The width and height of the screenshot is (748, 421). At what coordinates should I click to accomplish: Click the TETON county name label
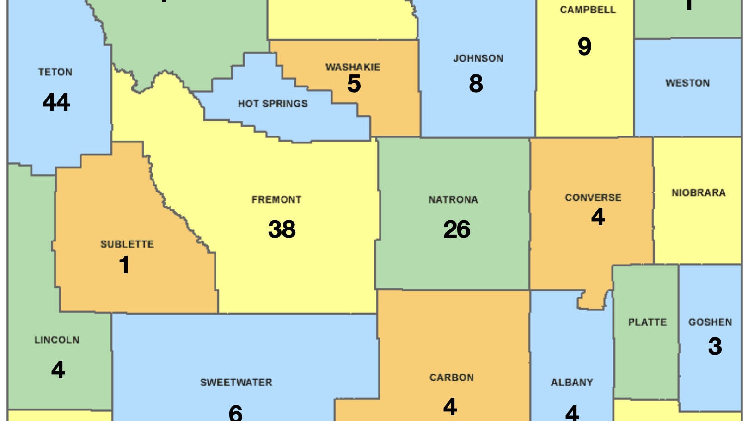(55, 72)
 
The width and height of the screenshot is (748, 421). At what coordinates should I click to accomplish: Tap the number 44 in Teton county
(56, 102)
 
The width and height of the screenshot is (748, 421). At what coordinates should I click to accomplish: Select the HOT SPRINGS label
(273, 104)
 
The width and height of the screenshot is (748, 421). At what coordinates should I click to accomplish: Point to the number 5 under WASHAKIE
(354, 84)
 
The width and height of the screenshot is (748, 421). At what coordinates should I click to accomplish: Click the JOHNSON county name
(478, 58)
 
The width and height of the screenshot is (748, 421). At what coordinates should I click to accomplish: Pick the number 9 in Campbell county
(584, 46)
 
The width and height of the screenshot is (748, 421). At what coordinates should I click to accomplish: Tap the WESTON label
(687, 83)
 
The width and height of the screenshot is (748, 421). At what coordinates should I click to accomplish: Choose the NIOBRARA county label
(699, 192)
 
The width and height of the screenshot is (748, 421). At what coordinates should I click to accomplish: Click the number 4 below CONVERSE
(598, 217)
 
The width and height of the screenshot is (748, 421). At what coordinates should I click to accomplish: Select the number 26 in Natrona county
(457, 229)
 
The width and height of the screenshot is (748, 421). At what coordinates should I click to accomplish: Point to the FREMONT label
(276, 199)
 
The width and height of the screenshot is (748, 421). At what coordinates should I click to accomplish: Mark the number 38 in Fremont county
(282, 229)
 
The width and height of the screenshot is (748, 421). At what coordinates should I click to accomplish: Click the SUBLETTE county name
(127, 244)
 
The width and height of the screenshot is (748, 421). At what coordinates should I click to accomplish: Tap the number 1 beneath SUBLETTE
(124, 265)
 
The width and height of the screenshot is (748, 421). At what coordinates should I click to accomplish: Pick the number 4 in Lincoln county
(58, 370)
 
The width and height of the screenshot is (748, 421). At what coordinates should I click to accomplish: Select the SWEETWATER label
(236, 382)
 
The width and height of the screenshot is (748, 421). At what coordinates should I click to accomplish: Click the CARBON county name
(452, 378)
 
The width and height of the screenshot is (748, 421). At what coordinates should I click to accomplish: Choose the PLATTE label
(647, 322)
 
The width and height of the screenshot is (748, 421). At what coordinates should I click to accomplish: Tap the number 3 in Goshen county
(715, 346)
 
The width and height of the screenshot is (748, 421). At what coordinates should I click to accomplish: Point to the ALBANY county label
(572, 382)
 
